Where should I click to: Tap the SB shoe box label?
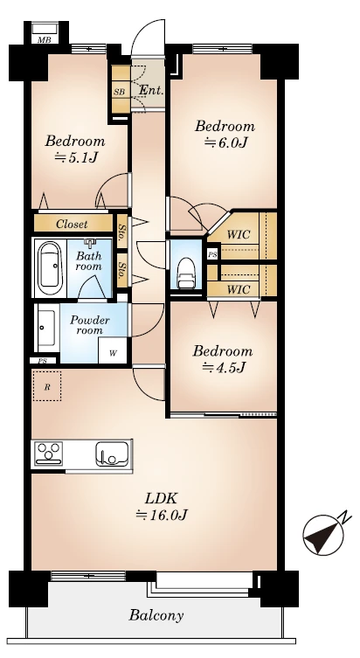pyautogui.click(x=119, y=92)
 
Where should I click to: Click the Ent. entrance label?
pyautogui.click(x=151, y=90)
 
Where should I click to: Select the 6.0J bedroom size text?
pyautogui.click(x=225, y=142)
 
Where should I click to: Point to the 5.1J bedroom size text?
pyautogui.click(x=76, y=157)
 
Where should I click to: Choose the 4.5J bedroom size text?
pyautogui.click(x=223, y=368)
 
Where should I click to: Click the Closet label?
pyautogui.click(x=73, y=224)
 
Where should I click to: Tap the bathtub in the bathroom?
pyautogui.click(x=50, y=268)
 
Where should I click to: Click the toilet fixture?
pyautogui.click(x=185, y=274)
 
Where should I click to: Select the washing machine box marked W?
pyautogui.click(x=113, y=350)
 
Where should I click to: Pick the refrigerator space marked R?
pyautogui.click(x=47, y=385)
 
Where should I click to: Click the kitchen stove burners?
pyautogui.click(x=49, y=454)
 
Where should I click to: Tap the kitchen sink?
pyautogui.click(x=112, y=454)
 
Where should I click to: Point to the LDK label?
pyautogui.click(x=161, y=499)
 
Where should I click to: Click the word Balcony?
pyautogui.click(x=156, y=615)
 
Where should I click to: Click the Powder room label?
pyautogui.click(x=89, y=325)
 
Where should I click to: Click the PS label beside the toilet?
pyautogui.click(x=212, y=254)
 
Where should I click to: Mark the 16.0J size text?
pyautogui.click(x=162, y=515)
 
